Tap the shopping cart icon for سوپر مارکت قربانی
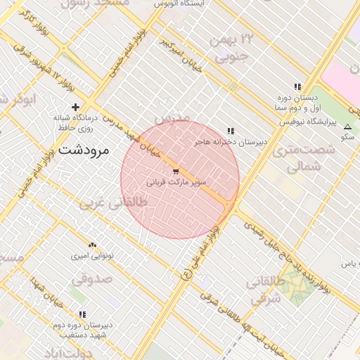tap(176, 171)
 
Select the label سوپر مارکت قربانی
tap(176, 181)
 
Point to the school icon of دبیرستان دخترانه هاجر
tap(231, 131)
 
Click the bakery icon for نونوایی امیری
tap(92, 245)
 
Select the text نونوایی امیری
tap(89, 257)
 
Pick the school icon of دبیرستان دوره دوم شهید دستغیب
tap(82, 315)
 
